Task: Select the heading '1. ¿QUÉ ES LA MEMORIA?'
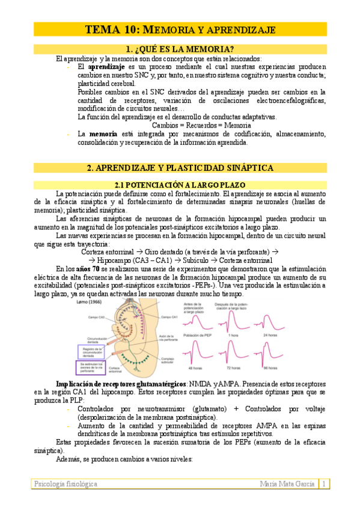pyautogui.click(x=180, y=49)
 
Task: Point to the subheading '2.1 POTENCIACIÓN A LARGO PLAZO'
pyautogui.click(x=180, y=185)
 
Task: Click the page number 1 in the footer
pyautogui.click(x=323, y=484)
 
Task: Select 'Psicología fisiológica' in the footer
pyautogui.click(x=66, y=484)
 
